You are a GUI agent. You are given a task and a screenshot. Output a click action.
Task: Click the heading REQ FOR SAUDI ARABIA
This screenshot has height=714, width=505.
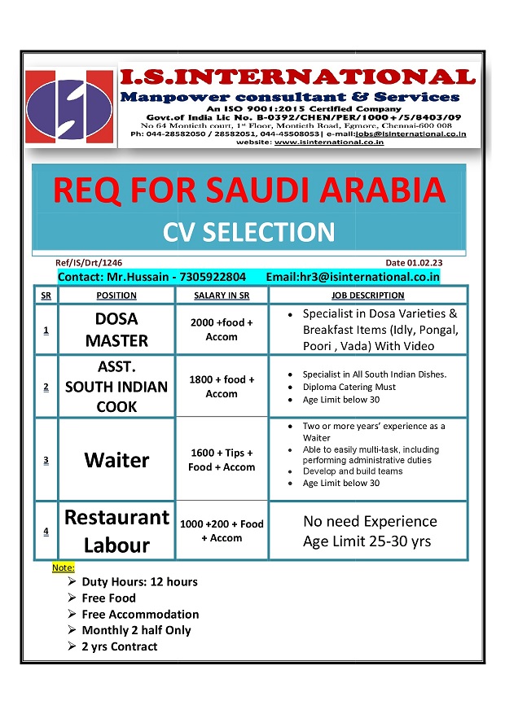pyautogui.click(x=249, y=190)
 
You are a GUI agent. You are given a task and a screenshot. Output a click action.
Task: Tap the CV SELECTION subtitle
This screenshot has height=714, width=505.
pyautogui.click(x=249, y=232)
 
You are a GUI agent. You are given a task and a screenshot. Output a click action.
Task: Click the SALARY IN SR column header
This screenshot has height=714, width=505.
pyautogui.click(x=222, y=296)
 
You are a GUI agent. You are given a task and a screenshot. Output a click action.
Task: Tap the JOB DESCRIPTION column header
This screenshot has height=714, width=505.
pyautogui.click(x=368, y=296)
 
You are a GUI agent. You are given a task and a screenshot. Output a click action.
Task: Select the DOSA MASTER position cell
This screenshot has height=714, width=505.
pyautogui.click(x=116, y=330)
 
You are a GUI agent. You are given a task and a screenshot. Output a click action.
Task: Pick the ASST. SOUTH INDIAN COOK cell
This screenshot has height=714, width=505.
pyautogui.click(x=116, y=386)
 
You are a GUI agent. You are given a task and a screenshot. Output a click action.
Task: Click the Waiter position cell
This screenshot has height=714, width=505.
pyautogui.click(x=116, y=460)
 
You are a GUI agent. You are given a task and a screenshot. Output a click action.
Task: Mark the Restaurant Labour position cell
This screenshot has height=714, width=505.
pyautogui.click(x=116, y=531)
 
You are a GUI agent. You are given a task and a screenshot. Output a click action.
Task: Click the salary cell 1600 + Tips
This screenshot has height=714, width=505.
pyautogui.click(x=222, y=460)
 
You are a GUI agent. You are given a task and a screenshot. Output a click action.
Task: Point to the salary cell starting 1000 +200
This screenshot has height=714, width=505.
pyautogui.click(x=222, y=531)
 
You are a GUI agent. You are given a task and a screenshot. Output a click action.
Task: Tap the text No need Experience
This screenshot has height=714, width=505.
pyautogui.click(x=370, y=521)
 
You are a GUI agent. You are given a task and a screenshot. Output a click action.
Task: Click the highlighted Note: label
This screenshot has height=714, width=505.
pyautogui.click(x=63, y=567)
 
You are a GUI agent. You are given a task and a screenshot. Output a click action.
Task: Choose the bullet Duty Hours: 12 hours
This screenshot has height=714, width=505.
pyautogui.click(x=139, y=581)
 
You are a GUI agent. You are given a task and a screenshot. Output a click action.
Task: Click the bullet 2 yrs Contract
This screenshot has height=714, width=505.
pyautogui.click(x=119, y=646)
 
